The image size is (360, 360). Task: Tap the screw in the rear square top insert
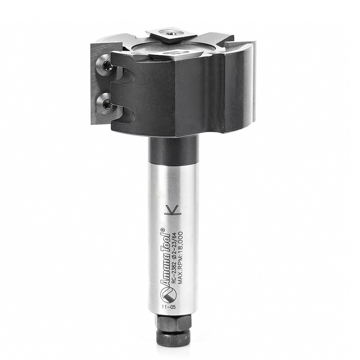point(171,33)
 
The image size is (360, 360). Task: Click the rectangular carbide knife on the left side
point(101,84)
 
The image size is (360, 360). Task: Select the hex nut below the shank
point(174,322)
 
